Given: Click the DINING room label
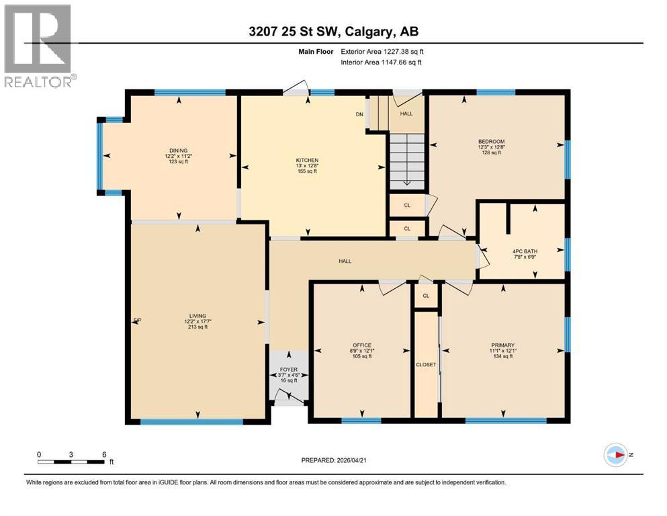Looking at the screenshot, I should click(x=178, y=150).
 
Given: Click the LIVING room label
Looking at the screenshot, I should click(x=197, y=316).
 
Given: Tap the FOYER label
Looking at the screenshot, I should click(x=289, y=370).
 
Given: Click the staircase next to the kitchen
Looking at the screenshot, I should click(x=406, y=159).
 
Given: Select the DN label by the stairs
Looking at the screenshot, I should click(x=359, y=114).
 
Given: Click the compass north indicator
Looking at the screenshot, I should click(x=616, y=455).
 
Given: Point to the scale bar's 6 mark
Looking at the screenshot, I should click(x=104, y=454).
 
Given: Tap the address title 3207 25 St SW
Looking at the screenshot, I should click(x=332, y=31).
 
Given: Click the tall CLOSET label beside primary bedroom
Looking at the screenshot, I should click(x=426, y=364).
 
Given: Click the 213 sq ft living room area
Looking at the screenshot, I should click(x=197, y=328).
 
